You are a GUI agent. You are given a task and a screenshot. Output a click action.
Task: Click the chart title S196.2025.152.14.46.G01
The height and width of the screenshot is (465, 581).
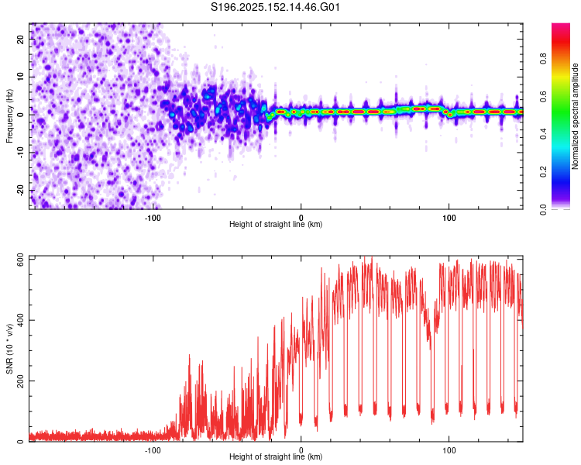coord(275,7)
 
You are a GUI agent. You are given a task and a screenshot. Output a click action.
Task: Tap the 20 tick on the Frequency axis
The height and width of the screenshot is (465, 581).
coord(20,39)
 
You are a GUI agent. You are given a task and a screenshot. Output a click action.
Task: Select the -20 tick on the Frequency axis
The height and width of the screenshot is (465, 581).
coord(20,191)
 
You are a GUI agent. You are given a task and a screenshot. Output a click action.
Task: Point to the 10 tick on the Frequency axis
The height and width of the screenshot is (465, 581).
coord(20,77)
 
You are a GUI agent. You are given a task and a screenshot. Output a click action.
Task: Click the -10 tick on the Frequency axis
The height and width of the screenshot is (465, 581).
coord(20,153)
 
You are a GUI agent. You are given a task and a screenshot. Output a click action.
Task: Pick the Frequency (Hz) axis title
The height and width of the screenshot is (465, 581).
coord(9,116)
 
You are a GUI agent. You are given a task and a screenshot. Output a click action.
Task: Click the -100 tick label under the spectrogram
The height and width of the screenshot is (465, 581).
coord(153,218)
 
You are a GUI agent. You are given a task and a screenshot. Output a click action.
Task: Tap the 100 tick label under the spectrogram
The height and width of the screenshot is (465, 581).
coord(449,218)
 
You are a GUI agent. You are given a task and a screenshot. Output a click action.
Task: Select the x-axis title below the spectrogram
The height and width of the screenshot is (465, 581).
coord(276,224)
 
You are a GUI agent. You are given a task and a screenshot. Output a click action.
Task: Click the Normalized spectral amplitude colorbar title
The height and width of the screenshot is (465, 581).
coord(575,116)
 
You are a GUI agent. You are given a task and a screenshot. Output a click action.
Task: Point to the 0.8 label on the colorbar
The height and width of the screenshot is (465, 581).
coord(543,59)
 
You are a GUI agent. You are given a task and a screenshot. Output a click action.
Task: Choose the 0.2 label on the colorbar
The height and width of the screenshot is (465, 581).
coord(543,172)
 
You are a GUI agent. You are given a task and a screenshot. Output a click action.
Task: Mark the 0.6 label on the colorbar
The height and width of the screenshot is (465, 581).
coord(543,96)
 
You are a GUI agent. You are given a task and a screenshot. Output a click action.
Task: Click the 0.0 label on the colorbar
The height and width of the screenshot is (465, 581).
coord(543,209)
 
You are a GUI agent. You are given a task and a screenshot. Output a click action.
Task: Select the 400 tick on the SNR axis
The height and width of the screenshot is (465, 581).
coord(20,320)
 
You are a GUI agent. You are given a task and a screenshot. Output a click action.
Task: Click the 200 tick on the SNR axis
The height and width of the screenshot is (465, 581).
coord(20,381)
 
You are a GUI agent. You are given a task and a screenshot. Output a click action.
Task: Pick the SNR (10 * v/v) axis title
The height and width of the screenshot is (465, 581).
coord(9,349)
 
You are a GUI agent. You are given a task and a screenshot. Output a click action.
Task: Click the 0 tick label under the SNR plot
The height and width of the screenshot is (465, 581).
coord(301,450)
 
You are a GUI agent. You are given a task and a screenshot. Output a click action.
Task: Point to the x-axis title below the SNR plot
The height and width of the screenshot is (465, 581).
coord(276,456)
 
